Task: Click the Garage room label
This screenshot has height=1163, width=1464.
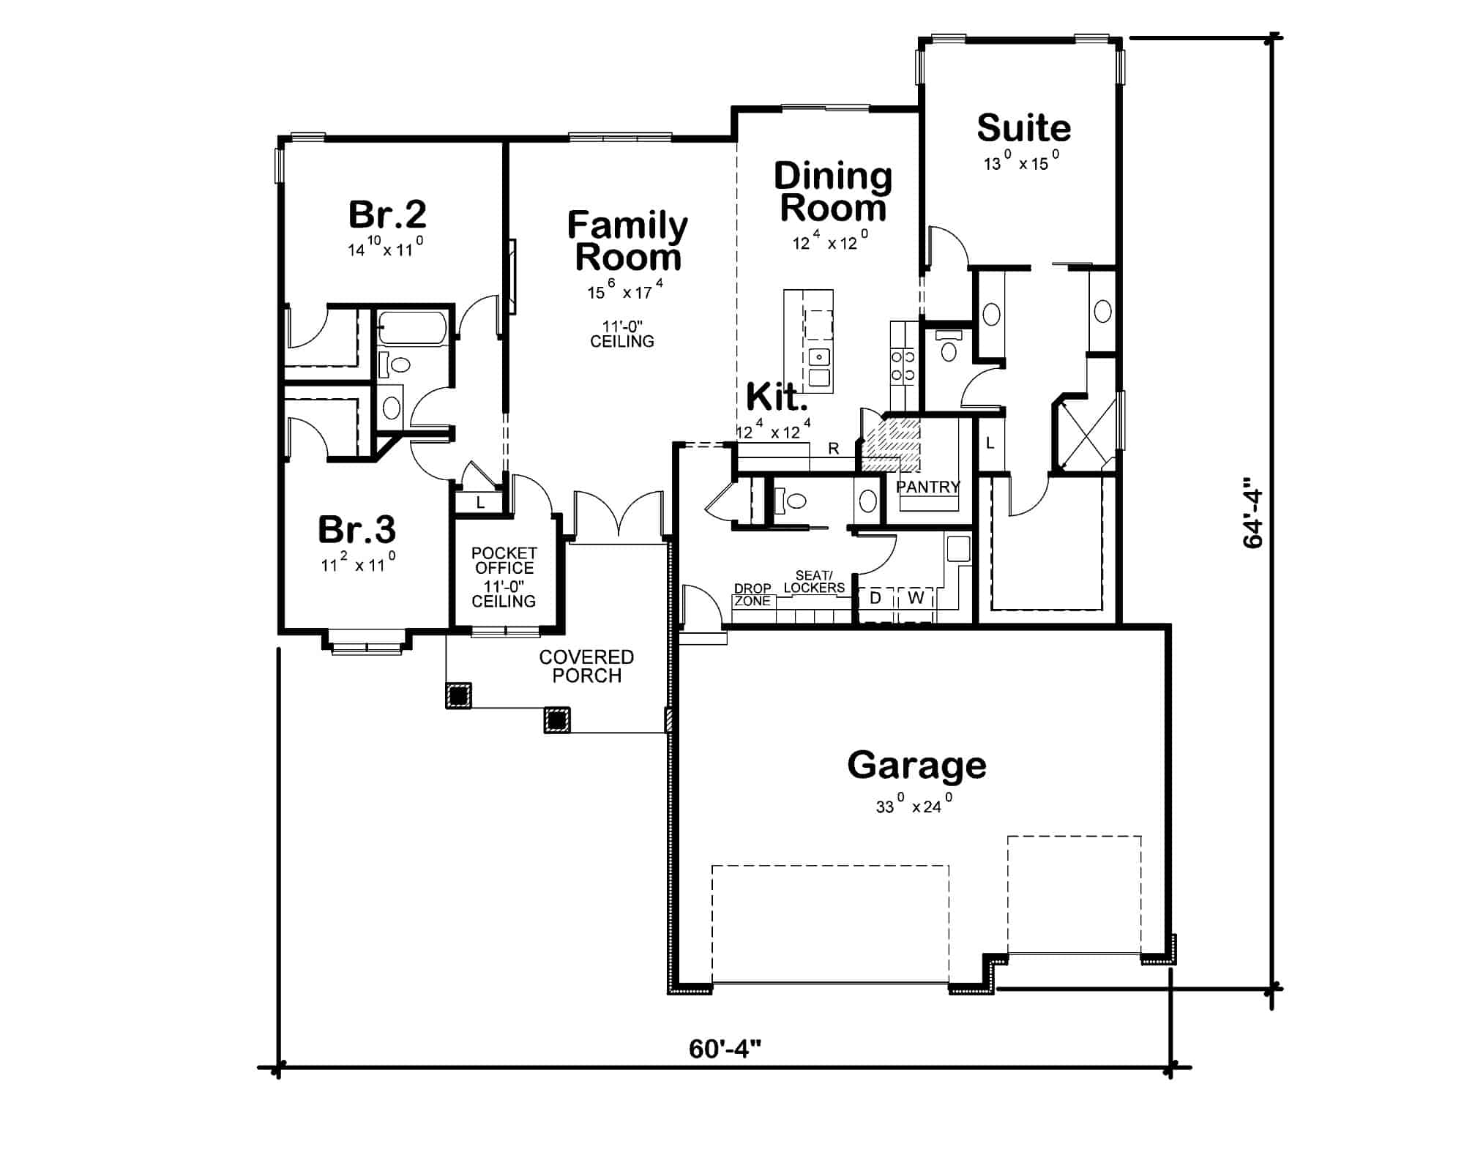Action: (x=916, y=766)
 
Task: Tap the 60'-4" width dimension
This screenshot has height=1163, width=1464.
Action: (x=725, y=1049)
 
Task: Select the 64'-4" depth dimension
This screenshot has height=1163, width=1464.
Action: (x=1252, y=518)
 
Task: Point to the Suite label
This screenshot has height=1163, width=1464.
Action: (x=1023, y=128)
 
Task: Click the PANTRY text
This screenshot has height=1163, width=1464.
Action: (x=927, y=487)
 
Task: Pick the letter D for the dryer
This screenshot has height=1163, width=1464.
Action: (x=875, y=598)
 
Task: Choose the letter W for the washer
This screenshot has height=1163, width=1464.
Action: (x=916, y=598)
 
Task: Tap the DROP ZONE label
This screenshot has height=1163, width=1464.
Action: (x=752, y=594)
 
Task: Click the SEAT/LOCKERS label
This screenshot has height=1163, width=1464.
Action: (x=814, y=582)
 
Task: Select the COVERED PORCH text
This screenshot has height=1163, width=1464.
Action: (x=586, y=666)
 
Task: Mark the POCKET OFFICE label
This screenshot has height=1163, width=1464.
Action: (x=504, y=561)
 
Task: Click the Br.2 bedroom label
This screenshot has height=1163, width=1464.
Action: (x=387, y=214)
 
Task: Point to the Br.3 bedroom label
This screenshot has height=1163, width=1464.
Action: (x=356, y=529)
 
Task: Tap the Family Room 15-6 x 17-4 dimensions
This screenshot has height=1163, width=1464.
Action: (x=625, y=291)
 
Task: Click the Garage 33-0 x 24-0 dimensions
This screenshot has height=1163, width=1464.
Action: (x=914, y=804)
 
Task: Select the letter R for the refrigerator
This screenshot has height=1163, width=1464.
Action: (x=834, y=449)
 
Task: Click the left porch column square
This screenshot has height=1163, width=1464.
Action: (x=458, y=695)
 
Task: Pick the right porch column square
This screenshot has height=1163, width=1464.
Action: (x=556, y=720)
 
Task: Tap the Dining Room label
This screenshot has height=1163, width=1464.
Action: (x=833, y=192)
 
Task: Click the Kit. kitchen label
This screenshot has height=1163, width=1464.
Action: (x=777, y=397)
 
